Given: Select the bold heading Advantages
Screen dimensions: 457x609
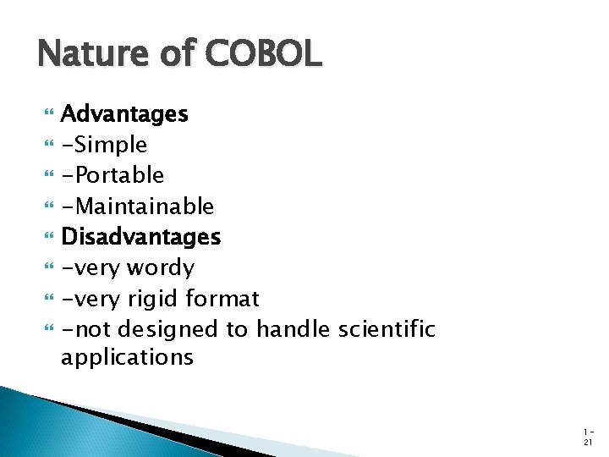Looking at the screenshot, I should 124,113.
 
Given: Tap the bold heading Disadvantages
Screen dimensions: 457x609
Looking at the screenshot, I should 140,237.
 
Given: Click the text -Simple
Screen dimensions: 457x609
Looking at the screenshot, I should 104,145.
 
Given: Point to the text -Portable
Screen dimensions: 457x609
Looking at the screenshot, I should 112,175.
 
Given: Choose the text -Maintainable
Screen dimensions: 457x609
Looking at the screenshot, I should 137,206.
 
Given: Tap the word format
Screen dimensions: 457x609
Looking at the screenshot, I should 222,299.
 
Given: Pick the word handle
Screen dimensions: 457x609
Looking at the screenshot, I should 292,329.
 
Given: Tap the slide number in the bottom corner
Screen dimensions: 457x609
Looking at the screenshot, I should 588,436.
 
